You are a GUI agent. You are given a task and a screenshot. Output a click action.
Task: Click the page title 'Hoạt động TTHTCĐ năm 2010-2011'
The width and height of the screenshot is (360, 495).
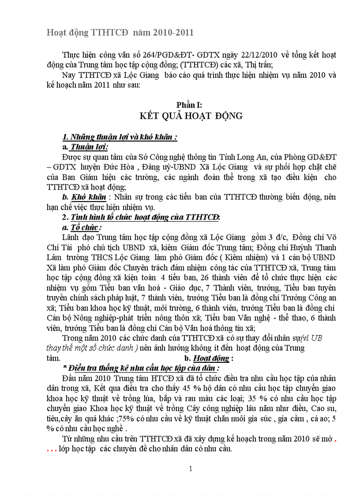coord(120,33)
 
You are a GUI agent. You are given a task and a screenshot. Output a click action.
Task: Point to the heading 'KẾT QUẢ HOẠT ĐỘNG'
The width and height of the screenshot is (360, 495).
coord(191,116)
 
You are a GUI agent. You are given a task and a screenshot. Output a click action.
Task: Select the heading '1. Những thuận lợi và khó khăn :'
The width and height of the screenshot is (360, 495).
coord(120,137)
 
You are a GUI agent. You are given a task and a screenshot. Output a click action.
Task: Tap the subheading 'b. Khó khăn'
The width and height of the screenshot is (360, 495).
coord(84,197)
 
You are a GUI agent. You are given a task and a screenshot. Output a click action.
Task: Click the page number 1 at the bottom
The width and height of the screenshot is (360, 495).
coord(191,469)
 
